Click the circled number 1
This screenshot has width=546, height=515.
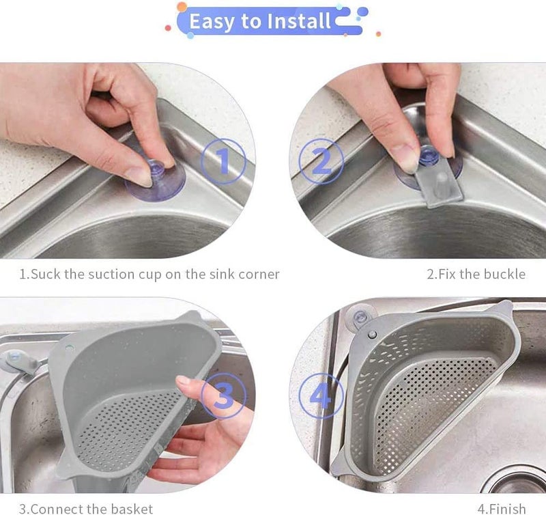coord(222,161)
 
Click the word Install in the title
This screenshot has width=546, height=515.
coord(299,21)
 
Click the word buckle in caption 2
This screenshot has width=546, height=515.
coord(504,275)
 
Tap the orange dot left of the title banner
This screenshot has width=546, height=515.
coord(182,8)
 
